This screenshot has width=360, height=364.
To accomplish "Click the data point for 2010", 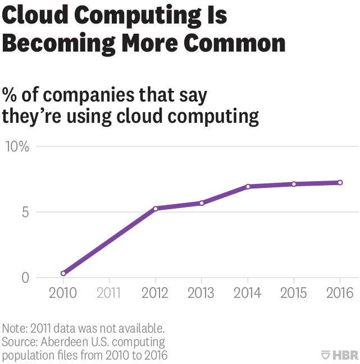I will [x=63, y=273].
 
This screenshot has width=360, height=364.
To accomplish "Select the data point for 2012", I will [x=156, y=209].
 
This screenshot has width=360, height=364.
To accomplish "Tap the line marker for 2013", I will [x=202, y=202].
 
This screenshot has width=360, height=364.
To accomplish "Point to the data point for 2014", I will [x=248, y=186].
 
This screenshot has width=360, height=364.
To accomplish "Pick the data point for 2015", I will [x=294, y=184].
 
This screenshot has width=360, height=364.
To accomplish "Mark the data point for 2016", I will [x=340, y=182].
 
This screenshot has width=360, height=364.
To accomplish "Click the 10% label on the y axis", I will [x=17, y=147].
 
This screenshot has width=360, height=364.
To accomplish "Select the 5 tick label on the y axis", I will [x=25, y=213].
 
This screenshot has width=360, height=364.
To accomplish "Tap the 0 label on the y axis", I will [x=25, y=278].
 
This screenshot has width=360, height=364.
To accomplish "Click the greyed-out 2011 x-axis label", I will [x=110, y=293].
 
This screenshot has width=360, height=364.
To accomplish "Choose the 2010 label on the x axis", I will [x=63, y=293].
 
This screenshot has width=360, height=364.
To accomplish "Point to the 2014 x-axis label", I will [x=248, y=293].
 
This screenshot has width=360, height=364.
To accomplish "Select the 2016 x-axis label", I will [x=340, y=293].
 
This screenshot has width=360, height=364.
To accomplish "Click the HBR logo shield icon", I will [x=325, y=354].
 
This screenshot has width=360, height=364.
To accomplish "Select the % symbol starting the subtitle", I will [x=11, y=94].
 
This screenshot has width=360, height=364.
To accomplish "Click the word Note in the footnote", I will [x=13, y=328].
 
